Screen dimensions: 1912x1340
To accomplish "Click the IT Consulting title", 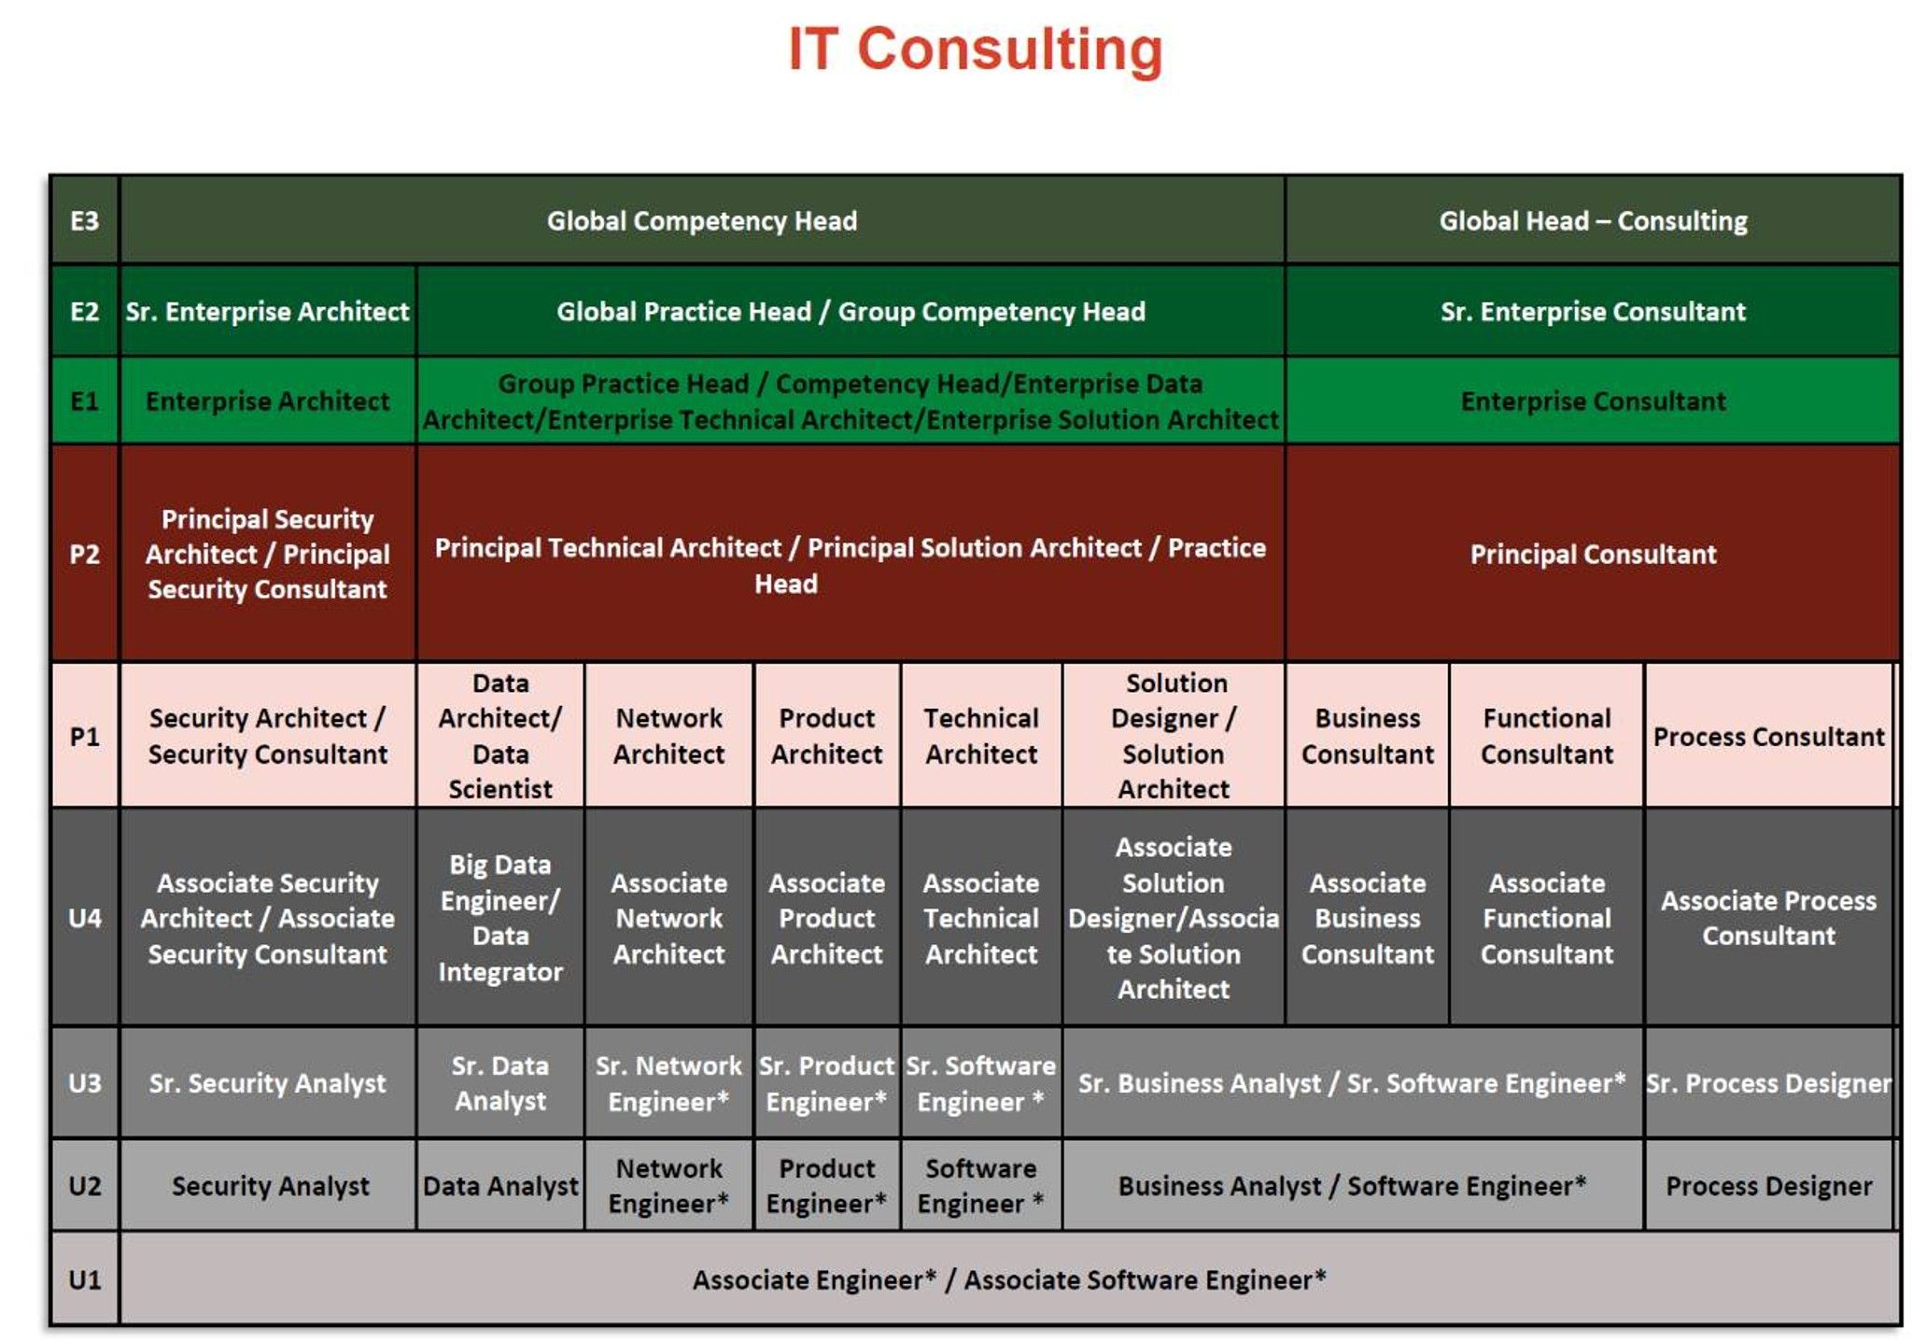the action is (x=975, y=49).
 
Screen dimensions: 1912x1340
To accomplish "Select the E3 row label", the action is (x=85, y=220).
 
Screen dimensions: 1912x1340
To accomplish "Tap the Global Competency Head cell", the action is (x=702, y=220).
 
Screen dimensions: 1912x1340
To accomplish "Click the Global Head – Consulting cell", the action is (x=1593, y=220).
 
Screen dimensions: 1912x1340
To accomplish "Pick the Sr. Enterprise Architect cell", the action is (x=268, y=311).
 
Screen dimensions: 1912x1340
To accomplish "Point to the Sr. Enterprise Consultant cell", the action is (x=1593, y=311).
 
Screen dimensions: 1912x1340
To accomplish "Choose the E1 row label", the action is (x=85, y=401).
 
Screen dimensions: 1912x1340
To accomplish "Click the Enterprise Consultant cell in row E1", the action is (x=1593, y=401).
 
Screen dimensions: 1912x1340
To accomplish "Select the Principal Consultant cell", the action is (x=1593, y=554).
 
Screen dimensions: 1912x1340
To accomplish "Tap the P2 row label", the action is (x=85, y=554).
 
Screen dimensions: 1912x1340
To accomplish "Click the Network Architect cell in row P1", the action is (x=668, y=736).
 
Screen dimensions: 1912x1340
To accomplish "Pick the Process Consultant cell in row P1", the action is (x=1769, y=736).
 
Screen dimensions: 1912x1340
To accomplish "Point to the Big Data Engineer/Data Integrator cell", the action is (x=500, y=917).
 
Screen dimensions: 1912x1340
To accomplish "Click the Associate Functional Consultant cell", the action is (x=1547, y=917).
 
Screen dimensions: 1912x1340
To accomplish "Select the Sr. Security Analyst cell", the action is (x=268, y=1083).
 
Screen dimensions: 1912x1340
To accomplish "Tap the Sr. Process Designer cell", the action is (x=1769, y=1083).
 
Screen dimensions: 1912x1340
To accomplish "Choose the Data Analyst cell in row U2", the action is (x=500, y=1186).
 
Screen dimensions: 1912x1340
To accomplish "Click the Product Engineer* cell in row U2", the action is (x=826, y=1186).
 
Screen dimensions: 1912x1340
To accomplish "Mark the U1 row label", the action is (x=85, y=1279).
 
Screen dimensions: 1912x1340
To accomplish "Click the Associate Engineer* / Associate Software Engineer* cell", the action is (x=1009, y=1279).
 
